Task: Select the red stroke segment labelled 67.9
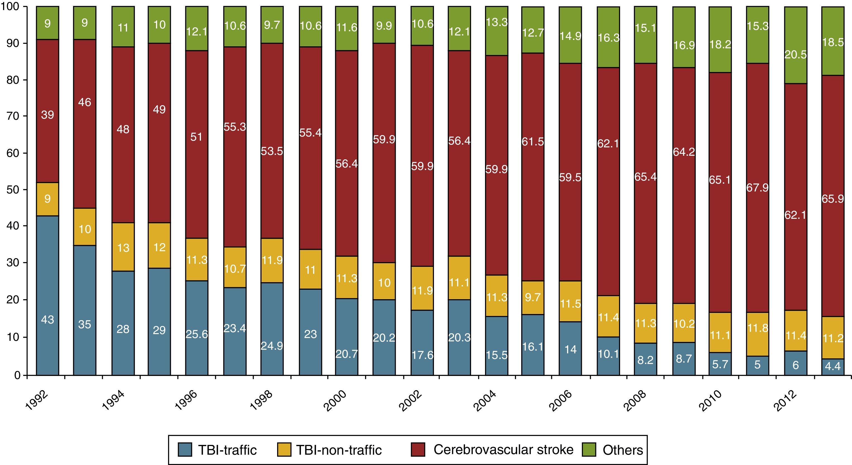[x=757, y=188]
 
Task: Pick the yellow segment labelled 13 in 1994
[x=123, y=247]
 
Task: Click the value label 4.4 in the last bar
[x=832, y=366]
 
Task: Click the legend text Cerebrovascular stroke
[x=503, y=449]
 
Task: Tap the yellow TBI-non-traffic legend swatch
[x=284, y=450]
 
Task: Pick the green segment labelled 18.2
[x=720, y=40]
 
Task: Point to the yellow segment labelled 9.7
[x=532, y=297]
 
